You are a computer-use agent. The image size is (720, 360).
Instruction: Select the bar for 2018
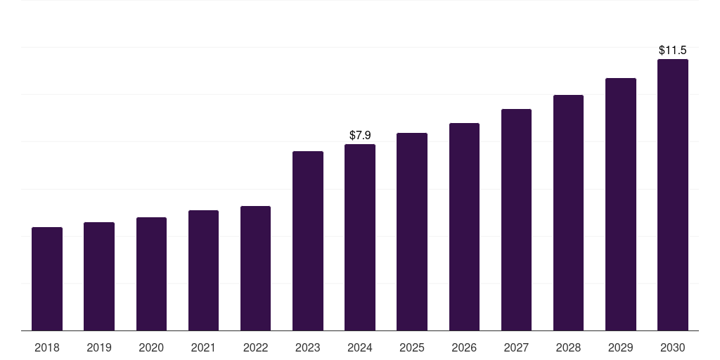click(x=47, y=278)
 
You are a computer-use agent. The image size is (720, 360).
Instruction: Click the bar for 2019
click(x=99, y=276)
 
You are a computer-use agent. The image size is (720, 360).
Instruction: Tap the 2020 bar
click(x=152, y=274)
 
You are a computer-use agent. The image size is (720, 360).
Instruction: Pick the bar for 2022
click(x=255, y=268)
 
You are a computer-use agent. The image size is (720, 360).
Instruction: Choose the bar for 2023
click(x=308, y=240)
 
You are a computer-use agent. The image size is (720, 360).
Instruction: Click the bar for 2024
click(x=360, y=238)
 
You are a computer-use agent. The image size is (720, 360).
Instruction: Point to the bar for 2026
click(x=464, y=227)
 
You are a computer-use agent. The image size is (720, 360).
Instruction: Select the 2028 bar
click(x=568, y=212)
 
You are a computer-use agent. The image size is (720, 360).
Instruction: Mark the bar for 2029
click(x=621, y=205)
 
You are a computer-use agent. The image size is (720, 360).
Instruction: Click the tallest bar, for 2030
click(x=673, y=195)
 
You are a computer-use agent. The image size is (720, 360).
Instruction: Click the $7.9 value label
click(x=360, y=135)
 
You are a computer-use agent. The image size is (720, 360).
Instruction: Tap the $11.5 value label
click(x=673, y=50)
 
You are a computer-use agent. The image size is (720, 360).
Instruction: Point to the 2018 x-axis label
click(x=47, y=347)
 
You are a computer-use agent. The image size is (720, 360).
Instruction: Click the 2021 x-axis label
click(x=203, y=347)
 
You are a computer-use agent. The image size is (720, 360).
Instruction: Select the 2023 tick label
click(x=308, y=347)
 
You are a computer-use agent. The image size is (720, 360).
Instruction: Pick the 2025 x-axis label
click(x=412, y=347)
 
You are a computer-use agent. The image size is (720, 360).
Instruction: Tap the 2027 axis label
click(x=516, y=347)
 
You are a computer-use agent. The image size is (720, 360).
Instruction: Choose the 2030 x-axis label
click(x=673, y=347)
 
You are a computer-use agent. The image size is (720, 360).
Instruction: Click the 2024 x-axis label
click(x=360, y=347)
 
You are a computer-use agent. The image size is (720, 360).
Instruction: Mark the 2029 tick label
click(x=621, y=347)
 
